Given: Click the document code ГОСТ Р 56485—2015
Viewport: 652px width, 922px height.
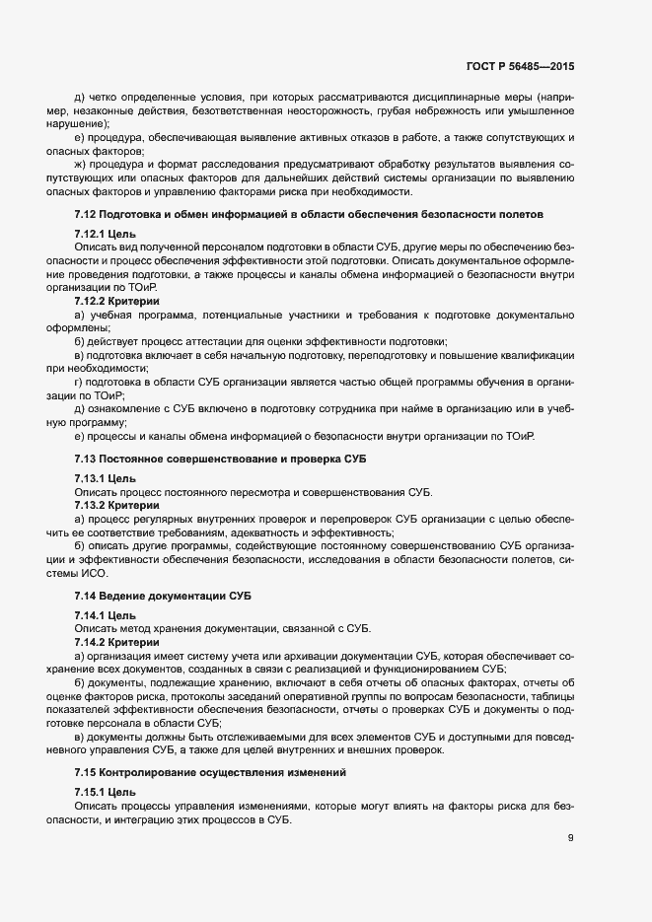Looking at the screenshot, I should pos(519,68).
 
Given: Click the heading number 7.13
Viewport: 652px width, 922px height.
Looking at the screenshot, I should pos(86,460).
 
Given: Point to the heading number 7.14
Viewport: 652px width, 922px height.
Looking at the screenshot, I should pos(86,598).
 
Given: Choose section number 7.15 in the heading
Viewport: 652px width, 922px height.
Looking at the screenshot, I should pos(86,771).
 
